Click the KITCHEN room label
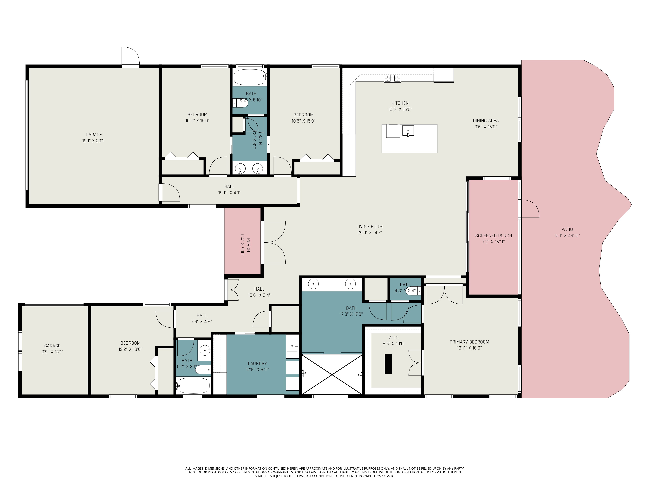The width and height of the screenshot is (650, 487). pos(400,103)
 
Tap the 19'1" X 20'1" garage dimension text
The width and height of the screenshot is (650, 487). pos(94,141)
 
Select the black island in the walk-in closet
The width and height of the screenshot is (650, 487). pos(388,364)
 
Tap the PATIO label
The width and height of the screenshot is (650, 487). pos(567,229)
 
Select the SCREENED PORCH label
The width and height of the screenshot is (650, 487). pos(493,236)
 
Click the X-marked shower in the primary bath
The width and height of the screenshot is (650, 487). pos(332,374)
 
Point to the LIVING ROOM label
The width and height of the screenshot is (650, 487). pos(369,226)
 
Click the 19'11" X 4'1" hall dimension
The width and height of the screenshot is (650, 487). pos(229,193)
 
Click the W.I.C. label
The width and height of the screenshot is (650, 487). pos(394,338)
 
